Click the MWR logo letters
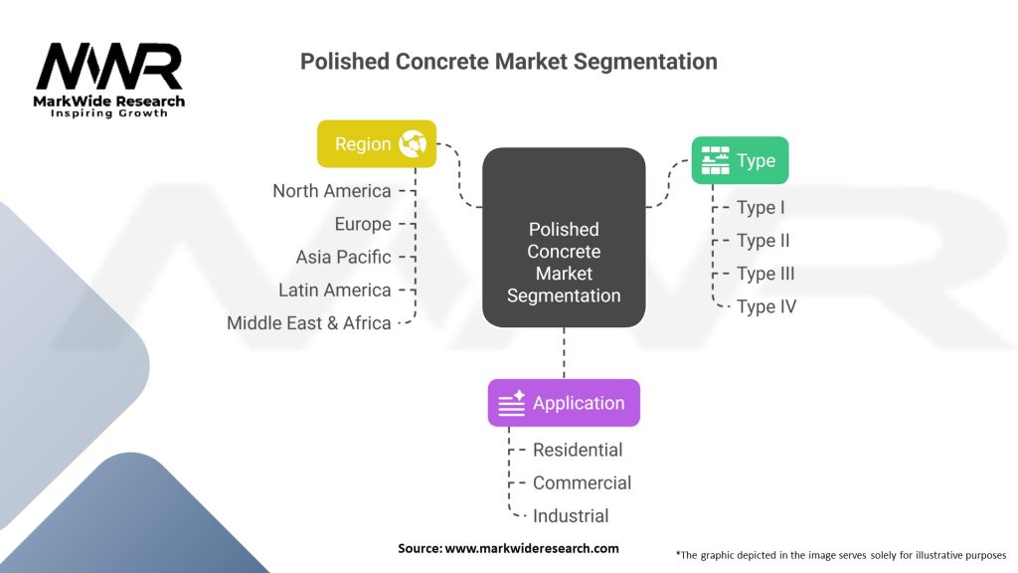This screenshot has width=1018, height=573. tap(109, 67)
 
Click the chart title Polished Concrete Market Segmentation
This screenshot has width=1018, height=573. tap(508, 62)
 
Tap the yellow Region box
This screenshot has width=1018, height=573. tap(377, 143)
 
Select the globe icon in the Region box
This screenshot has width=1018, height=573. tap(413, 143)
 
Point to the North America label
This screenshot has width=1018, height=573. tap(332, 191)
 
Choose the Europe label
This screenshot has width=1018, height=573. tap(363, 224)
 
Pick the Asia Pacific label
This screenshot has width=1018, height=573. tap(343, 258)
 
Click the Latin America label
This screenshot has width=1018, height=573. tap(335, 289)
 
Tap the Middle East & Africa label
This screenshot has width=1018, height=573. tap(309, 323)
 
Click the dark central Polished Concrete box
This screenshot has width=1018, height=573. tap(564, 237)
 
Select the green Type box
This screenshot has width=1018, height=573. tap(740, 160)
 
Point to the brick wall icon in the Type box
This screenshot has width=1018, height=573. tap(716, 160)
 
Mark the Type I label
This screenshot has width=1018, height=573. tap(761, 207)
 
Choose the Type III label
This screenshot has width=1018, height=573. tap(765, 274)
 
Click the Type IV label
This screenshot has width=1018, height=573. tap(766, 306)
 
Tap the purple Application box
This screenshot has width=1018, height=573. tap(564, 403)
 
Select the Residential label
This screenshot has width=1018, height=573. tap(578, 450)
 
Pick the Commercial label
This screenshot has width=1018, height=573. tap(582, 482)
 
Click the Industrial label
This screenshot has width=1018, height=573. tap(571, 516)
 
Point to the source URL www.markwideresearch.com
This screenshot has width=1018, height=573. tap(532, 548)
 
